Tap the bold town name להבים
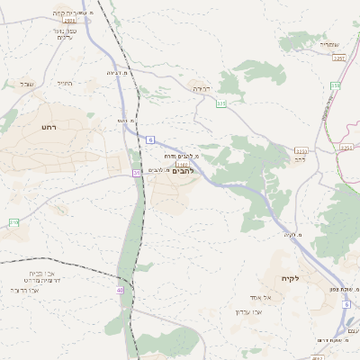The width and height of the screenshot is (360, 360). (183, 171)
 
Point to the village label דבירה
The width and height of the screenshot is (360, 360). (202, 89)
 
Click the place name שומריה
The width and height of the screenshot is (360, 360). (329, 44)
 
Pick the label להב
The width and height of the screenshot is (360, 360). (301, 158)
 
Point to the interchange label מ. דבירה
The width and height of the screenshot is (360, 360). (117, 72)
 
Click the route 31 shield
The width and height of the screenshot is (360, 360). (138, 172)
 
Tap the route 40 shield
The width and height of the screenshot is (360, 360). (120, 290)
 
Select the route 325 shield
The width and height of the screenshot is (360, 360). (221, 103)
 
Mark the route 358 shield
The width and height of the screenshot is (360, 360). (336, 85)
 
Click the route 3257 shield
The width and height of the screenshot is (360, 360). (339, 58)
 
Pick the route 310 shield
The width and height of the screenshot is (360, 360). (13, 222)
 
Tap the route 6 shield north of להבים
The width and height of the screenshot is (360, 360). (150, 139)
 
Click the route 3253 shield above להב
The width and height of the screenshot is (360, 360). (301, 150)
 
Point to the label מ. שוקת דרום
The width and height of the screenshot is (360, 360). (333, 339)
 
